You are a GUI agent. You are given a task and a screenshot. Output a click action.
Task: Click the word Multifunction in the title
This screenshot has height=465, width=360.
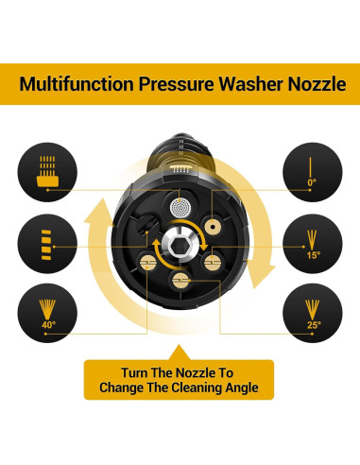(x=77, y=84)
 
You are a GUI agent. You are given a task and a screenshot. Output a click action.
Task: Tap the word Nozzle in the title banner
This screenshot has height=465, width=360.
(x=317, y=84)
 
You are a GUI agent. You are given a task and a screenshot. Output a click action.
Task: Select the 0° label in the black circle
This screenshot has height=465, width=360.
(x=312, y=182)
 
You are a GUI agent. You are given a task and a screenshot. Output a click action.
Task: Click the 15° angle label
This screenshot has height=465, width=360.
(x=314, y=254)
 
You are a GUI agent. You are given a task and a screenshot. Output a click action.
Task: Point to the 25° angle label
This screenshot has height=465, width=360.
(x=314, y=324)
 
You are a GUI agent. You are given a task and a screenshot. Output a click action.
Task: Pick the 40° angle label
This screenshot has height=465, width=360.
(x=48, y=324)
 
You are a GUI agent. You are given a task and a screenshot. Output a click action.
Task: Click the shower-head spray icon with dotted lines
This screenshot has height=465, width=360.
(x=47, y=170)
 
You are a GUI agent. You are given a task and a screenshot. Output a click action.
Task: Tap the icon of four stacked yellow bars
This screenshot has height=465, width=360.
(x=46, y=245)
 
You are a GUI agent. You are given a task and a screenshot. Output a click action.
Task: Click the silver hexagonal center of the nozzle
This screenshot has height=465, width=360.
(x=179, y=244)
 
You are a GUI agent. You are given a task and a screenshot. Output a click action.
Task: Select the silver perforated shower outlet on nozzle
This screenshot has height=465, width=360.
(x=180, y=207)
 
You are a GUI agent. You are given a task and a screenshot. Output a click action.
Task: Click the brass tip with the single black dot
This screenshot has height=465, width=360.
(x=213, y=226)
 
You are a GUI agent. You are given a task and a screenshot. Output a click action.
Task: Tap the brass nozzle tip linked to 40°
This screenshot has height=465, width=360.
(x=147, y=261)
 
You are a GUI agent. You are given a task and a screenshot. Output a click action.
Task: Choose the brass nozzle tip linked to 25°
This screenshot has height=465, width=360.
(x=180, y=279)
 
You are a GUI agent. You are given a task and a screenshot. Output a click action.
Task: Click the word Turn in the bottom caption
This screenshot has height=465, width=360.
(x=134, y=372)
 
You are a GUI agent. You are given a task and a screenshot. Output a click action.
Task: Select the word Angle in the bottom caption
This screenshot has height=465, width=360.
(x=242, y=387)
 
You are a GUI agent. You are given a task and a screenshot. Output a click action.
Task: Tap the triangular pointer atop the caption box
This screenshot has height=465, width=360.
(x=180, y=353)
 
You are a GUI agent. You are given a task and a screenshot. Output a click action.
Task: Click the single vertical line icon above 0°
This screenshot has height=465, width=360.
(x=311, y=167)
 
